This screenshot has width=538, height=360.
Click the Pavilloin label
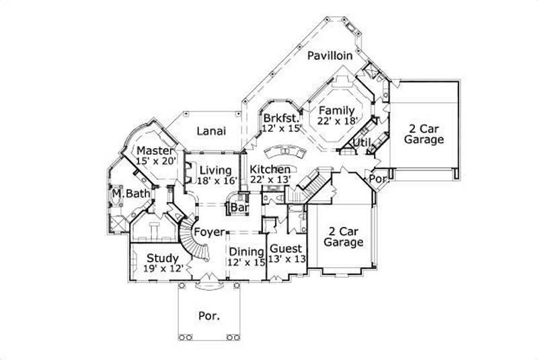point(330,57)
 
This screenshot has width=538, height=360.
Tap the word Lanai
point(211,131)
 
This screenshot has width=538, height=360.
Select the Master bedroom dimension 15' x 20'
point(155,161)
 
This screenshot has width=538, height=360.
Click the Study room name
point(163,258)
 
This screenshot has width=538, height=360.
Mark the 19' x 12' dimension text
point(162,268)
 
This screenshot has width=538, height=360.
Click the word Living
point(215,170)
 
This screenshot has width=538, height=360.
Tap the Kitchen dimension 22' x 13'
point(270,180)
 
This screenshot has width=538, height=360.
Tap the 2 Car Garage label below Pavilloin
point(425,134)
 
